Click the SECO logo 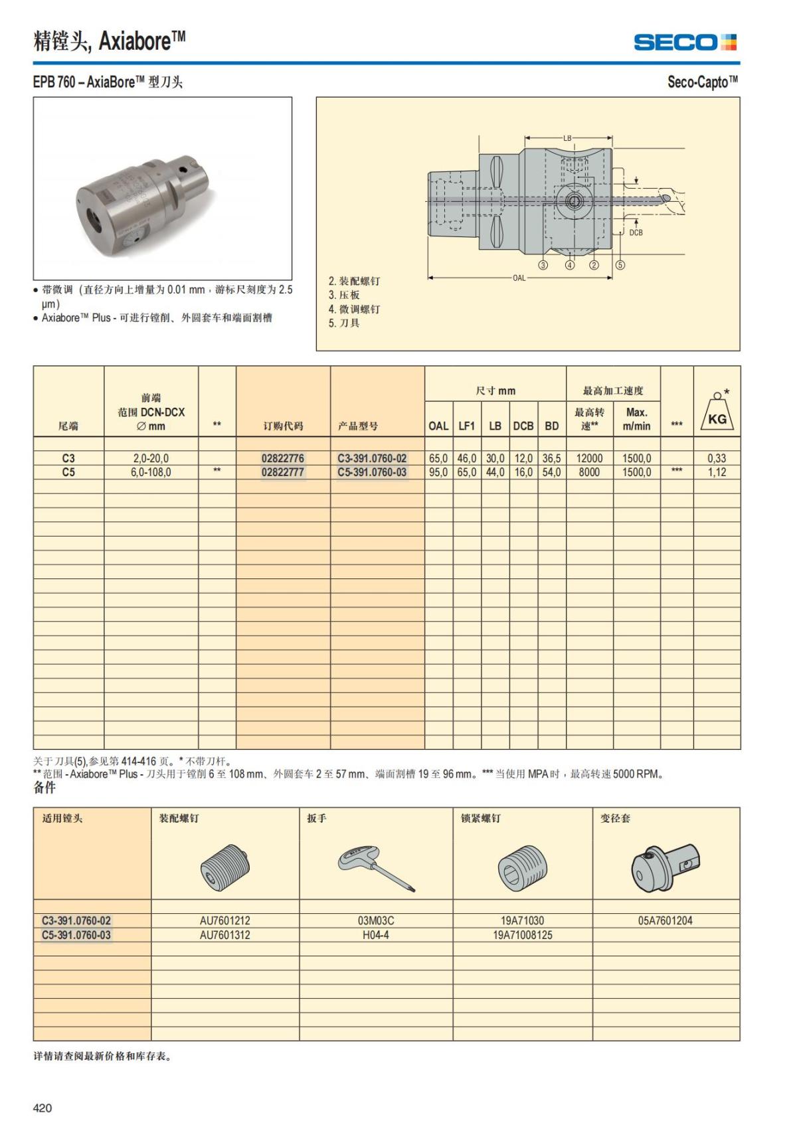coord(685,43)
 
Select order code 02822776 coord(282,458)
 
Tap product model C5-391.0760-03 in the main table coord(372,472)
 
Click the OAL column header coord(438,426)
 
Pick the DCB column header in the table coord(523,426)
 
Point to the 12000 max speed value coord(589,458)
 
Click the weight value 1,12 coord(717,472)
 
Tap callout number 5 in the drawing coord(620,265)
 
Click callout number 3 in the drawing coord(543,265)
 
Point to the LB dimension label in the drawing coord(567,138)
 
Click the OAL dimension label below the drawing coord(519,278)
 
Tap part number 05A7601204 coord(665,920)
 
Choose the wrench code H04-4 coord(376,935)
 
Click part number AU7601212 coord(225,920)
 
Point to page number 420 coord(43,1107)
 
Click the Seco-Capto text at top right coord(702,82)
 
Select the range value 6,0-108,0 coord(151,472)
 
